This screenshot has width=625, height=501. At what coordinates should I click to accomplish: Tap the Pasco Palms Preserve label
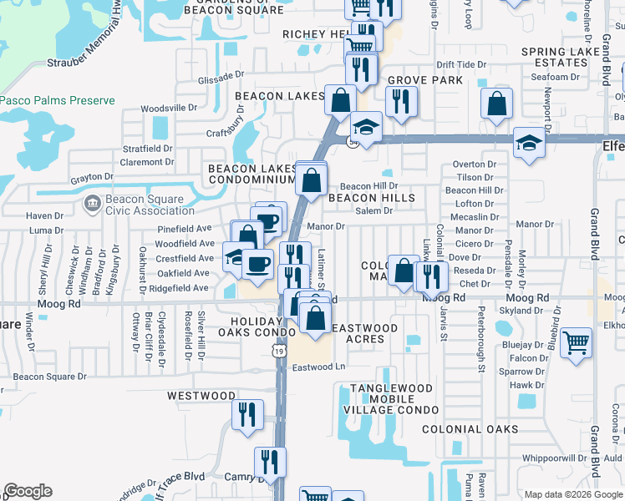coord(58,101)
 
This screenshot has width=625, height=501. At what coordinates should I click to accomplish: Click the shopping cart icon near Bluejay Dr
coord(577,342)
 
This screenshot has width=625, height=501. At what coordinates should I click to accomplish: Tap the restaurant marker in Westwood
coord(247,415)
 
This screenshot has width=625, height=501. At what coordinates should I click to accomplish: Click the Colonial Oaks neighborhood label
coord(464,429)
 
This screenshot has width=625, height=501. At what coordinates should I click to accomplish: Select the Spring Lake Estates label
coord(567,57)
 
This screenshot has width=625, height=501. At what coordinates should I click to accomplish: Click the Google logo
coord(28,491)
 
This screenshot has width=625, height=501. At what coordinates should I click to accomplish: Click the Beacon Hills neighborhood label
coord(371,198)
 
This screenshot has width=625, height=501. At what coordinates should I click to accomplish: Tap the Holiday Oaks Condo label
coord(246,326)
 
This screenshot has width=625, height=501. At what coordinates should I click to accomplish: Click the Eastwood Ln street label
coord(318,367)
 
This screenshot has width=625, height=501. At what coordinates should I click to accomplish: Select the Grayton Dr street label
coord(92,177)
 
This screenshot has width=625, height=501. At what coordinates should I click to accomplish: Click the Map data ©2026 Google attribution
coord(572,494)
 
